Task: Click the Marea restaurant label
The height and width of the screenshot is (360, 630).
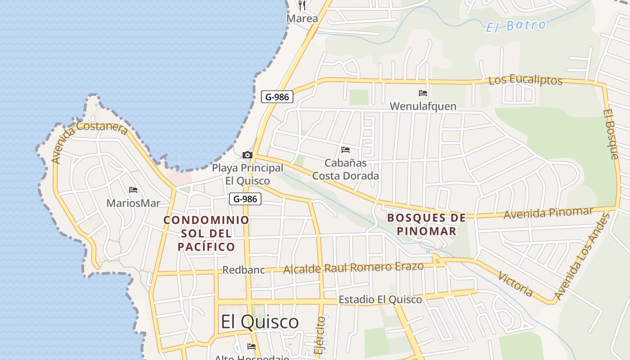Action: point(302,19)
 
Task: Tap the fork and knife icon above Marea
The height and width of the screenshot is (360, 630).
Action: point(302,5)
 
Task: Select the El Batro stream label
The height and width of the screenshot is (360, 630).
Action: point(516,26)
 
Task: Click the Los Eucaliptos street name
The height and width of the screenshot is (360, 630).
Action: point(525,81)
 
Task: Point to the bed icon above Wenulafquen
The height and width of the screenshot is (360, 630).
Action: point(423,93)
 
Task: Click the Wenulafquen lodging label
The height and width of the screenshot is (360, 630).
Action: point(423,106)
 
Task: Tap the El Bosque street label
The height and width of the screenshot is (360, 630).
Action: point(611,134)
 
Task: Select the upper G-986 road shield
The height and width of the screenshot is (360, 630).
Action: point(277,97)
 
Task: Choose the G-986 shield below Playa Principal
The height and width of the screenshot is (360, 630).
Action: point(245,199)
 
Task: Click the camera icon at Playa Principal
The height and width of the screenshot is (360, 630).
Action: point(247,155)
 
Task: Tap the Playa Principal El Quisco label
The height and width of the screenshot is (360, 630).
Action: point(247,174)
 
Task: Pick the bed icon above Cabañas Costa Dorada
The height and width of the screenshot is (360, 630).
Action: point(346,149)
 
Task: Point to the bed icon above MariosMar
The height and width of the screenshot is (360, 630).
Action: point(133,190)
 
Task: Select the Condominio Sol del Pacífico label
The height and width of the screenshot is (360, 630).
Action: point(207,233)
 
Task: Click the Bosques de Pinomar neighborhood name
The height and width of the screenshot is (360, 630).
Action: point(427,224)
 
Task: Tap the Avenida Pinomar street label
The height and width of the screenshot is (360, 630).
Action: point(548,213)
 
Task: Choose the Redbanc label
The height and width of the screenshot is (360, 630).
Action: point(243,270)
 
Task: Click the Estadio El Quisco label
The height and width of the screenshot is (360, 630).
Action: point(380,299)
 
